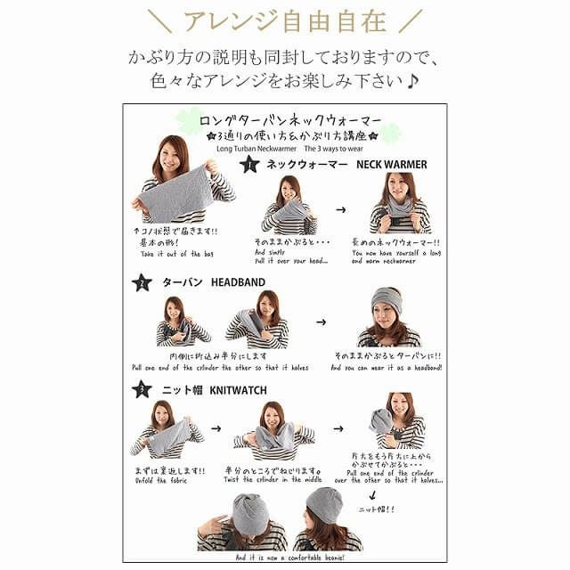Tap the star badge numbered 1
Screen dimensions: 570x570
[249, 164]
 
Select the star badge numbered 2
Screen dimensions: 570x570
[142, 283]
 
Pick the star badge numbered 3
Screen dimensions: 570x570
[142, 389]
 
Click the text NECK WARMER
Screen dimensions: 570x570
[392, 165]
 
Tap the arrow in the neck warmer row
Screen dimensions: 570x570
[341, 211]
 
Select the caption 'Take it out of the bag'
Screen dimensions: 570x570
[178, 254]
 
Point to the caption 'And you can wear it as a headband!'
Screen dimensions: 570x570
[387, 367]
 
